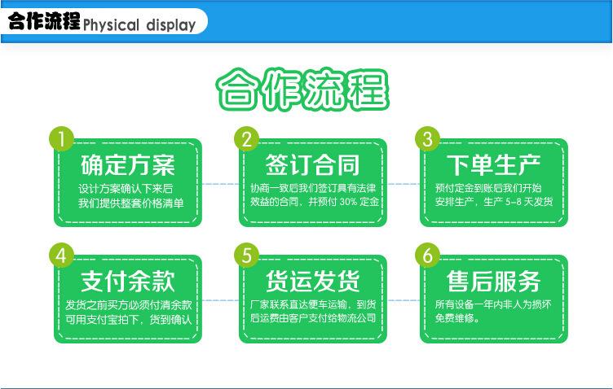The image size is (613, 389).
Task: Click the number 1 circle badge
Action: [60, 138]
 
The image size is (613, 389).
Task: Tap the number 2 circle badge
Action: [246, 138]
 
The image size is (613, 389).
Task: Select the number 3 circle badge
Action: [426, 138]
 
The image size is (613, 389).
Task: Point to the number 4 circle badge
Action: [60, 255]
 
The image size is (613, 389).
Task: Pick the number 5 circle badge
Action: [246, 255]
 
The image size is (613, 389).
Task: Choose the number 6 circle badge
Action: [426, 255]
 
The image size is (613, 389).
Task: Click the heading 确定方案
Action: [128, 166]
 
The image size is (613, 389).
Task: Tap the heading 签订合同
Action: [313, 166]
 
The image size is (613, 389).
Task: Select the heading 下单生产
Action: [494, 166]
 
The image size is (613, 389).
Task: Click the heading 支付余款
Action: [128, 282]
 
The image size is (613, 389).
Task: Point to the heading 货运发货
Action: [313, 282]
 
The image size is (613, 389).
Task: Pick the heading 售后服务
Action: [494, 282]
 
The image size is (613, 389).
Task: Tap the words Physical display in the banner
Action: [139, 24]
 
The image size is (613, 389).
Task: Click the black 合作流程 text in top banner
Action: [44, 22]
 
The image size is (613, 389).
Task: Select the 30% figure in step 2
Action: [348, 201]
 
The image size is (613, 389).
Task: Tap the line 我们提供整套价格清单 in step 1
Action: [130, 201]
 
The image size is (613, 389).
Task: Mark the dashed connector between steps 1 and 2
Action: [220, 185]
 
